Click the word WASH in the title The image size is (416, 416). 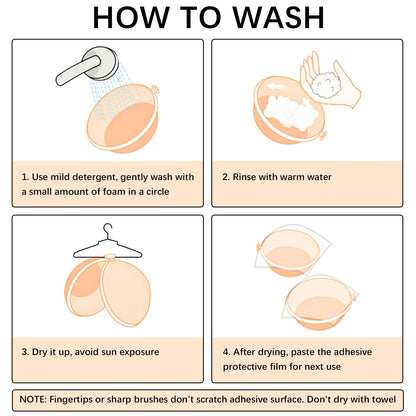point(278,17)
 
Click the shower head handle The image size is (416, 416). point(77,71)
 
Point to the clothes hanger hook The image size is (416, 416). point(108,230)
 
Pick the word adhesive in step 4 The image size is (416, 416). point(353,352)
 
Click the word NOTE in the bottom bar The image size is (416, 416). point(32,399)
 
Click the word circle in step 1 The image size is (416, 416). point(158,192)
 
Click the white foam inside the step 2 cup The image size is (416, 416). point(289,113)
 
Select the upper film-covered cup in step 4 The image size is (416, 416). point(289,253)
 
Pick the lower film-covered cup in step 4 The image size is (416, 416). point(319,303)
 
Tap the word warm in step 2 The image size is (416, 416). point(291,177)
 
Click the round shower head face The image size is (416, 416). point(101,63)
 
